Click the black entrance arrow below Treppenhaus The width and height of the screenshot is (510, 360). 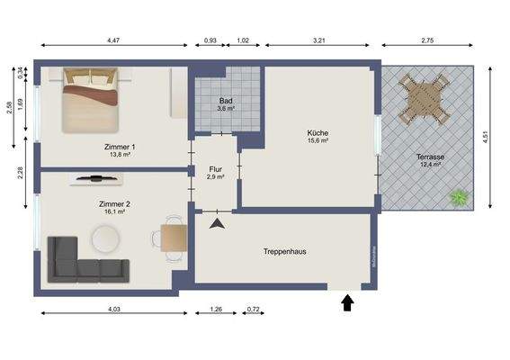347,303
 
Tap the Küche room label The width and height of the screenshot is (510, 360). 318,132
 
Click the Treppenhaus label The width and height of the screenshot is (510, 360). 284,251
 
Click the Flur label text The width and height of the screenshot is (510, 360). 215,168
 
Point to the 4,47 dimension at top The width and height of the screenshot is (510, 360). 114,40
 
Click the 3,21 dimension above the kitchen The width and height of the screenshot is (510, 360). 318,40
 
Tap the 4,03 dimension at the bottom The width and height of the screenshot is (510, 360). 114,310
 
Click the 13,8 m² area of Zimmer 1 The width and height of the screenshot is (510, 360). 121,155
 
